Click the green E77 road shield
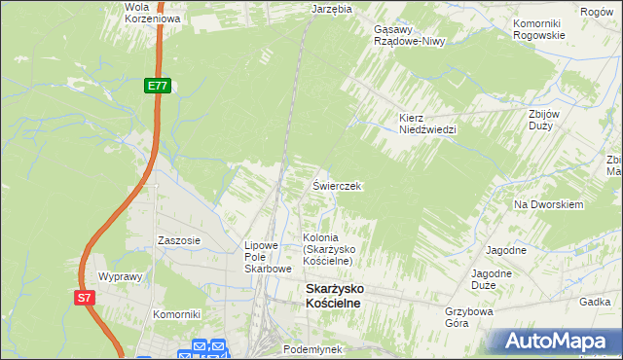point(159,87)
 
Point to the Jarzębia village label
point(330,8)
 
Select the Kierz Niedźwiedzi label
point(427,123)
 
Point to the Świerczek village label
point(337,186)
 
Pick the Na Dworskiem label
point(548,205)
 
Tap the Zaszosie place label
point(179,240)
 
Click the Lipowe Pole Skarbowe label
point(268,257)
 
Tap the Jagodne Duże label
point(492,280)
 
